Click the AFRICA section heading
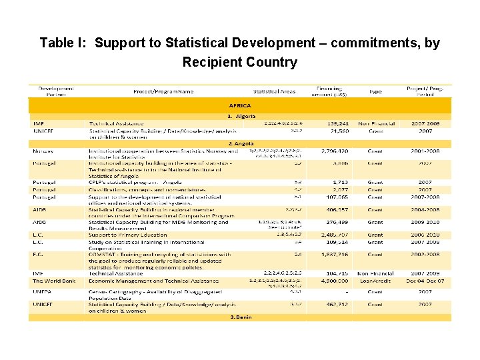point(239,105)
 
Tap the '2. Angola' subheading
point(241,143)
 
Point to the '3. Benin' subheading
point(241,317)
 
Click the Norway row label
point(44,151)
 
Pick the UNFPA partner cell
point(43,291)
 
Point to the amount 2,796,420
point(338,151)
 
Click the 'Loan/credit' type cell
point(375,281)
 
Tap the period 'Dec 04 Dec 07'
point(425,281)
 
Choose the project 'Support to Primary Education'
point(127,235)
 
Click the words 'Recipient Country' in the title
point(239,63)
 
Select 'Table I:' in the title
point(63,43)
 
